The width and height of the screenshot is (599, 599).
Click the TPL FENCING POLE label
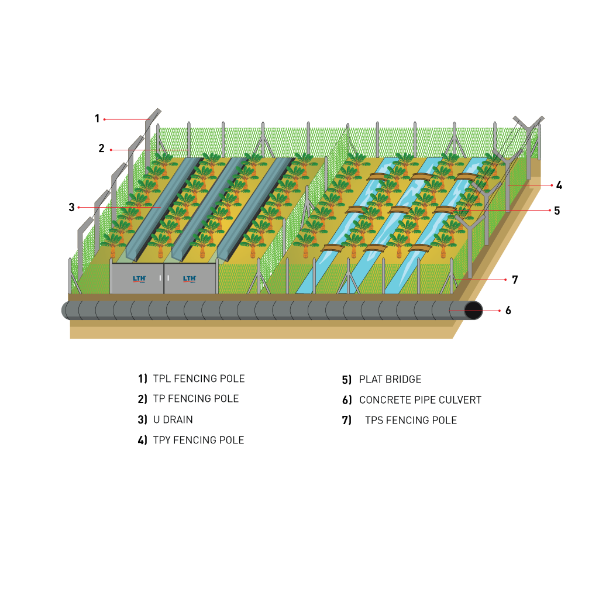(x=199, y=379)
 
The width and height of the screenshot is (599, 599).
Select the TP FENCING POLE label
(x=196, y=399)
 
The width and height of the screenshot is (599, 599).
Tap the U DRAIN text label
(x=173, y=419)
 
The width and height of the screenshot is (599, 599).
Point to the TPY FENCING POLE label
(x=198, y=440)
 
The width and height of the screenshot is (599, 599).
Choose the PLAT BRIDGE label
(x=390, y=380)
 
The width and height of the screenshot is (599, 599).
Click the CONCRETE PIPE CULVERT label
(x=420, y=400)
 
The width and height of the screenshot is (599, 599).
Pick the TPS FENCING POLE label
(x=411, y=420)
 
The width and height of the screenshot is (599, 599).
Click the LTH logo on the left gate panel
(x=139, y=279)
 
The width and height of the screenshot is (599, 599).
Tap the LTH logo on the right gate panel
(x=190, y=279)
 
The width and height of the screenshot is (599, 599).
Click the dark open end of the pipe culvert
(x=473, y=311)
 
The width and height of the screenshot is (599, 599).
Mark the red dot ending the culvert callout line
(x=499, y=311)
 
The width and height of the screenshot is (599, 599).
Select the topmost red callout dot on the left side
(x=105, y=119)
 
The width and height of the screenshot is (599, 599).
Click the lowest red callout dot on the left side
(x=78, y=207)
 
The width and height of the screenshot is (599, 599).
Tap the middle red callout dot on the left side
(x=111, y=150)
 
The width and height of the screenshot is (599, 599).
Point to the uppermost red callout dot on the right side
(x=552, y=185)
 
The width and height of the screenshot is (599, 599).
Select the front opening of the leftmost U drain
(x=132, y=256)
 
